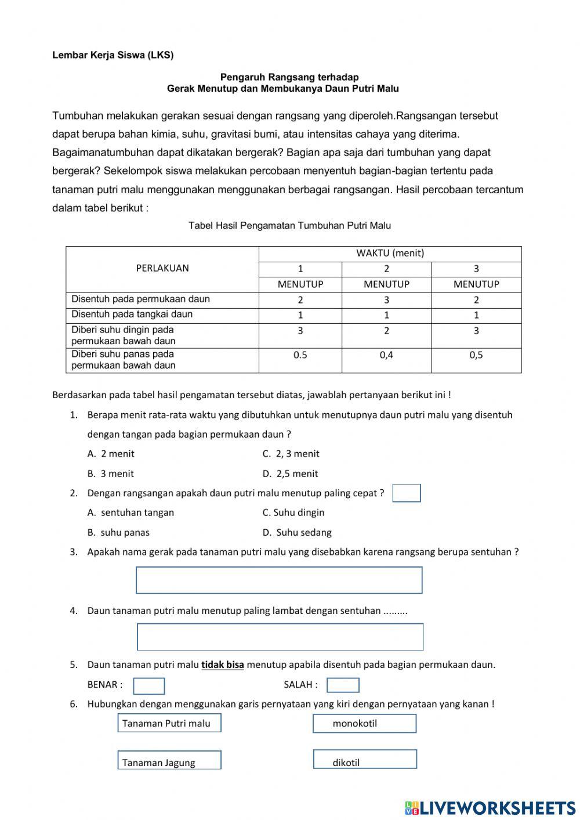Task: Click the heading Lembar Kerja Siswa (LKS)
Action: point(113,55)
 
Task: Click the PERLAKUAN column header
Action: point(162,268)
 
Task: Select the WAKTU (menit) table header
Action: point(390,253)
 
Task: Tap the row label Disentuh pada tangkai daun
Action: point(132,315)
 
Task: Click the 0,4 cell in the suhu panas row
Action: point(386,355)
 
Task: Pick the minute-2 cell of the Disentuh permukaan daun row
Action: point(386,300)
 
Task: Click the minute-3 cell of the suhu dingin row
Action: point(476,331)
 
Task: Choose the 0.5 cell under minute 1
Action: point(300,355)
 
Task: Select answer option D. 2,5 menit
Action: point(290,474)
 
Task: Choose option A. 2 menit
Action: point(111,454)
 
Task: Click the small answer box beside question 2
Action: point(407,493)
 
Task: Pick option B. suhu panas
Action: point(118,532)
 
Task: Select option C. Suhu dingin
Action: point(293,512)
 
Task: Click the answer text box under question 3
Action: point(279,580)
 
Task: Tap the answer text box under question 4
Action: point(280,637)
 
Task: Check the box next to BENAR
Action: point(149,685)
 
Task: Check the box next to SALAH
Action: point(343,685)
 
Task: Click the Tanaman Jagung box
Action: point(169,760)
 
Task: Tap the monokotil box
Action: point(365,723)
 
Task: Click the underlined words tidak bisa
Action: point(223,665)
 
